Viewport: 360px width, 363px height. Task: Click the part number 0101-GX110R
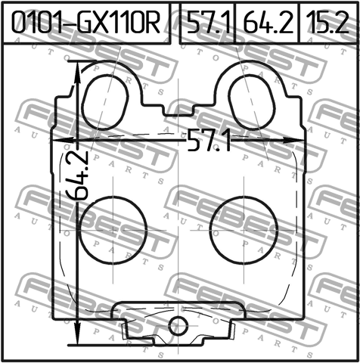click(x=85, y=23)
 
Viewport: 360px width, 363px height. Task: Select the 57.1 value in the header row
click(x=208, y=23)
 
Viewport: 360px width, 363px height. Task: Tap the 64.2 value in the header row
click(x=268, y=23)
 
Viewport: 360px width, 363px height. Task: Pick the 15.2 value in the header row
click(x=327, y=23)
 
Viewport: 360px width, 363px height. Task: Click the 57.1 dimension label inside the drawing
click(x=209, y=140)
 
